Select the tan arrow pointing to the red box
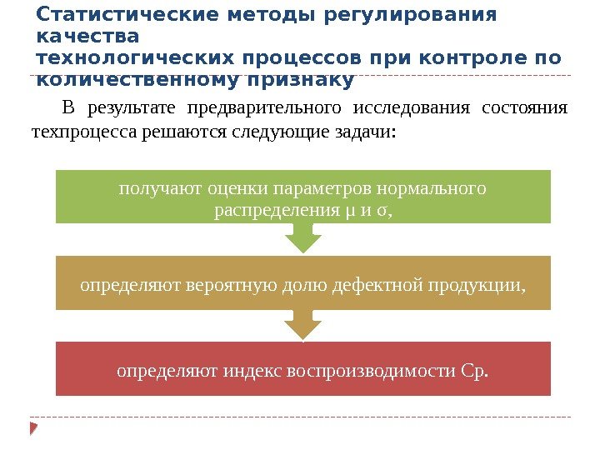tap(303, 325)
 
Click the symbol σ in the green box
tap(383, 210)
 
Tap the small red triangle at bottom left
tap(34, 428)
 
